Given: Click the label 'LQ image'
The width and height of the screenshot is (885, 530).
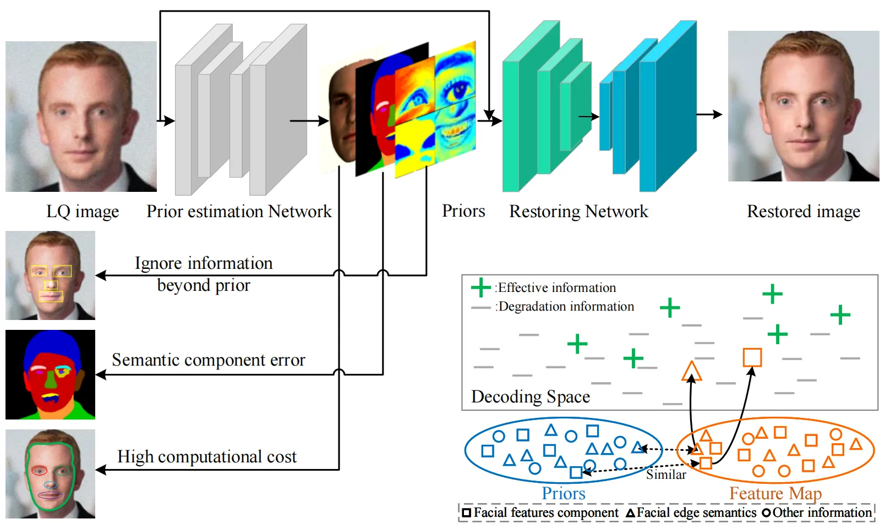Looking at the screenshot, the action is click(83, 212).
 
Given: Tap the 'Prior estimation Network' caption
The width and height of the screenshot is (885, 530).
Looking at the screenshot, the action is click(239, 212).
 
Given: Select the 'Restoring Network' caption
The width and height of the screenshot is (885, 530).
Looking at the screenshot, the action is click(578, 212).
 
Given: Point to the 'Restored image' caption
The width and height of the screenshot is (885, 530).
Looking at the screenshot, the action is click(804, 212).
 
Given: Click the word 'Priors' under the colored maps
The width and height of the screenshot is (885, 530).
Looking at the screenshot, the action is click(463, 211).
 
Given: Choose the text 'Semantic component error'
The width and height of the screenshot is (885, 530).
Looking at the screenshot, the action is click(209, 360).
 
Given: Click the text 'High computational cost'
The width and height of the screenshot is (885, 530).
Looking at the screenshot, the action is click(207, 456).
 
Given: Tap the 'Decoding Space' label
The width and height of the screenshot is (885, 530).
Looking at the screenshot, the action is click(531, 397).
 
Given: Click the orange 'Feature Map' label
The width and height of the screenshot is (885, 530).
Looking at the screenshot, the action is click(775, 493).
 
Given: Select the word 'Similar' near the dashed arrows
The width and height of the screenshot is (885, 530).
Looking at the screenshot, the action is click(666, 474).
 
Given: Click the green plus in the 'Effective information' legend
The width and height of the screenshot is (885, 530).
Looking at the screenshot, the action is click(480, 288).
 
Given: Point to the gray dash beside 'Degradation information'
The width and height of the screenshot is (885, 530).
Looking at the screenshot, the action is click(481, 307).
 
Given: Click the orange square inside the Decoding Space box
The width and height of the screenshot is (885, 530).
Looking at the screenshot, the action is click(752, 357).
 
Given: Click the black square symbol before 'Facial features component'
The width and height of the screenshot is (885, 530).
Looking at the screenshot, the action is click(467, 512).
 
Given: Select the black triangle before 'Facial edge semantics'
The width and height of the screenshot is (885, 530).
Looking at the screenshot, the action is click(631, 513).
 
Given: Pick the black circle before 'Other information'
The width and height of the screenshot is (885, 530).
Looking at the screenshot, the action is click(767, 513).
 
